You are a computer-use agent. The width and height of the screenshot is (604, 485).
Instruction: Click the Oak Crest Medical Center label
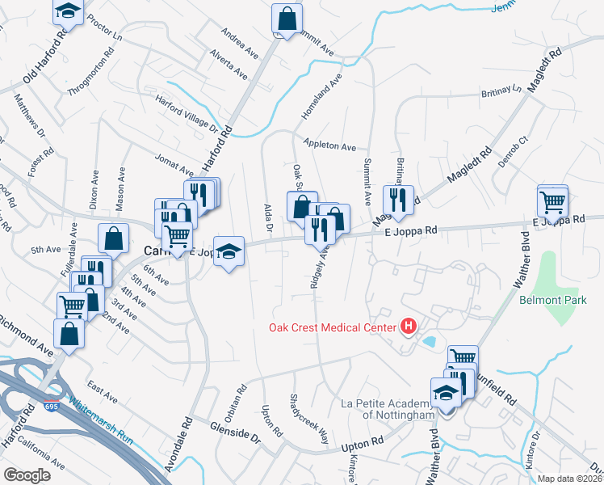[x=333, y=327]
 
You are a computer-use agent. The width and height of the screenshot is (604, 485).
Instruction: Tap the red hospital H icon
[x=409, y=327]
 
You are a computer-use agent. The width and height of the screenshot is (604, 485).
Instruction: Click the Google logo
[x=27, y=475]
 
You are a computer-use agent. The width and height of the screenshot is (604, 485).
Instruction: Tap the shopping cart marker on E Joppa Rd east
[x=552, y=200]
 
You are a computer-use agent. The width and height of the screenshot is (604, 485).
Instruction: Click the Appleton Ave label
[x=329, y=146]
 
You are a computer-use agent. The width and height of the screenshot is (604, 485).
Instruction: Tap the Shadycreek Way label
[x=309, y=419]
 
